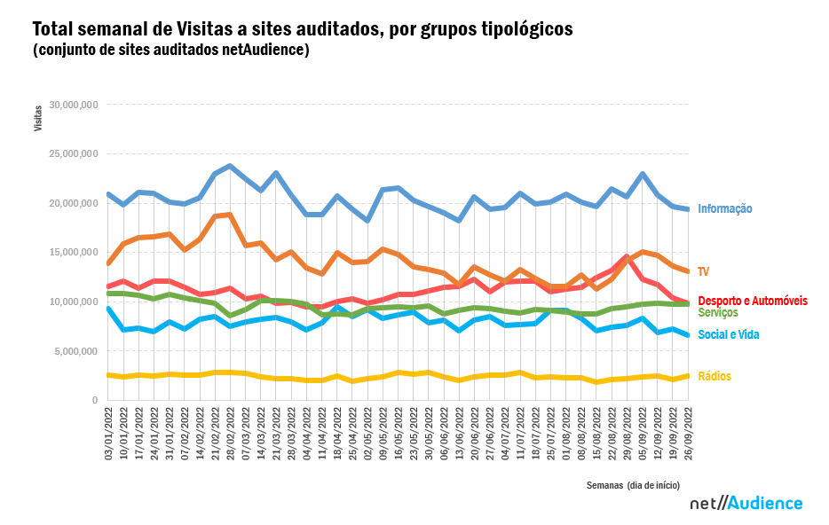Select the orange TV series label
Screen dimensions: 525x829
point(703,271)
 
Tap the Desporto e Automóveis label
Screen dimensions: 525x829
point(753,302)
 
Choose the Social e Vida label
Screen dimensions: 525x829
point(728,334)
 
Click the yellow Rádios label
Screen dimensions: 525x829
point(715,377)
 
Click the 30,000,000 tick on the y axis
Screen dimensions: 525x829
point(74,105)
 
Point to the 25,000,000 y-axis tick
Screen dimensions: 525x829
point(74,154)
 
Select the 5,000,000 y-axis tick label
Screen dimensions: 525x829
point(76,351)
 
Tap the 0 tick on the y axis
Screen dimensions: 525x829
point(94,401)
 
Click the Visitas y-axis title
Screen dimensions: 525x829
point(38,118)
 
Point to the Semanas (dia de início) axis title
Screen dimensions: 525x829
point(633,485)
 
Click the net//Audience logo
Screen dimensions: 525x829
point(746,504)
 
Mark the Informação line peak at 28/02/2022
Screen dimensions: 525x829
point(230,166)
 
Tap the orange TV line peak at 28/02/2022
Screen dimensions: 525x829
point(230,214)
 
